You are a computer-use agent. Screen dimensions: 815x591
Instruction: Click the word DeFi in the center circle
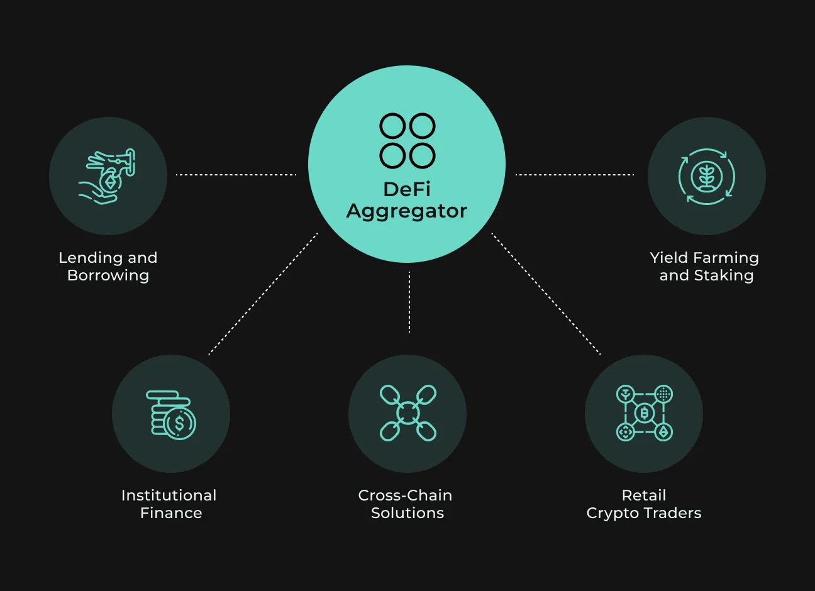point(407,189)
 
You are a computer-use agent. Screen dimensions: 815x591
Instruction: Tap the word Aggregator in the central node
point(407,212)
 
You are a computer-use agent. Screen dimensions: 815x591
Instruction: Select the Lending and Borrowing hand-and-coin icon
point(107,177)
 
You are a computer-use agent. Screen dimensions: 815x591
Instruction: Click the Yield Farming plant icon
point(707,177)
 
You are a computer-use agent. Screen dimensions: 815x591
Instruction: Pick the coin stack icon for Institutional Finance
point(171,415)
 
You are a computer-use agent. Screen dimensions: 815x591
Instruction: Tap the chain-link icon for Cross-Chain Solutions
point(408,413)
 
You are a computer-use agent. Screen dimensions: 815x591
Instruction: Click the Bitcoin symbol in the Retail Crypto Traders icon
point(645,413)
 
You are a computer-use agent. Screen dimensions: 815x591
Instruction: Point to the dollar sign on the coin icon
point(179,423)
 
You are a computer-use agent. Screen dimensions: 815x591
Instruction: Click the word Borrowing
point(108,276)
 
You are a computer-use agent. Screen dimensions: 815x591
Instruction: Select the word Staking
point(724,276)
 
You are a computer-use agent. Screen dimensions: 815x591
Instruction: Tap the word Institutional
point(169,495)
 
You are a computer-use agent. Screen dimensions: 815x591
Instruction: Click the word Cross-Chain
point(405,495)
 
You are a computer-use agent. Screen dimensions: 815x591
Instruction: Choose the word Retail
point(644,495)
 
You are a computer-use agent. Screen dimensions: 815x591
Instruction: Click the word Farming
point(726,258)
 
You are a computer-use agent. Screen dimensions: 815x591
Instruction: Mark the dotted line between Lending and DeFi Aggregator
point(236,175)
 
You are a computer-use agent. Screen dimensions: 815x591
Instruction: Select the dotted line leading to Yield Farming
point(575,175)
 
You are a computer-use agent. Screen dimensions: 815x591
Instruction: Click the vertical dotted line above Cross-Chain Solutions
point(409,302)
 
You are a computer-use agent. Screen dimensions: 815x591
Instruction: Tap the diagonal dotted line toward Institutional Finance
point(263,294)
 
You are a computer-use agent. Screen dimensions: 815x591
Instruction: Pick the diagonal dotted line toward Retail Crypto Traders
point(546,294)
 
